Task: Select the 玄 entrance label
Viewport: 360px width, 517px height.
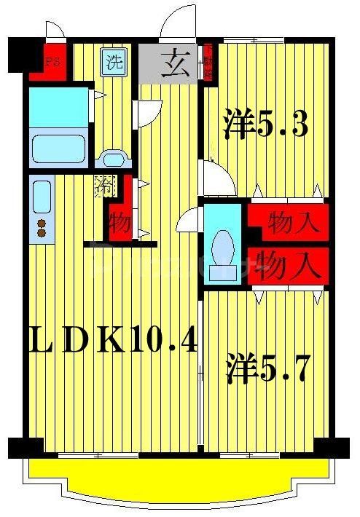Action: click(177, 62)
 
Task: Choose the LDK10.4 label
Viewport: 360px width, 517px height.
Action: click(113, 339)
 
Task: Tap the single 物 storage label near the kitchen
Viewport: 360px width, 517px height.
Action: click(120, 221)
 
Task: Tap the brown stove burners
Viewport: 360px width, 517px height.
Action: click(42, 228)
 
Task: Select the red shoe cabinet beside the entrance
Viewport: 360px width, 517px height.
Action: click(207, 61)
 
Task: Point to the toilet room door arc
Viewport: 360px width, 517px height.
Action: click(188, 218)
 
